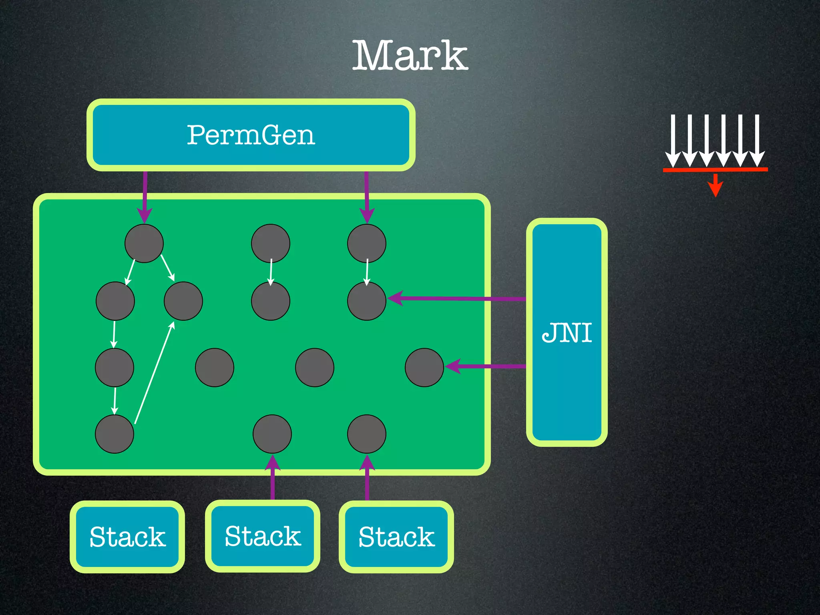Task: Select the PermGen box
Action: (x=251, y=135)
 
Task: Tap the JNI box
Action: (x=567, y=332)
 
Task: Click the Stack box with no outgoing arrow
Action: (x=127, y=537)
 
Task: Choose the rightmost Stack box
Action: (x=396, y=537)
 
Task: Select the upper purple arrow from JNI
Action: (x=456, y=298)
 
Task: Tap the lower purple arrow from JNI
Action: (x=484, y=366)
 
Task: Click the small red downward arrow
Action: (x=715, y=186)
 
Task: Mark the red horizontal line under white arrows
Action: (x=715, y=170)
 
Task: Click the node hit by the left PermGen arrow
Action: (x=144, y=243)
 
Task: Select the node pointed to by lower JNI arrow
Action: (x=424, y=367)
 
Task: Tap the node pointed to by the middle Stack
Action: (x=272, y=434)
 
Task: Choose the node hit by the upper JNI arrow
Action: (x=367, y=301)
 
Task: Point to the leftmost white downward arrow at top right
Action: (x=673, y=140)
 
